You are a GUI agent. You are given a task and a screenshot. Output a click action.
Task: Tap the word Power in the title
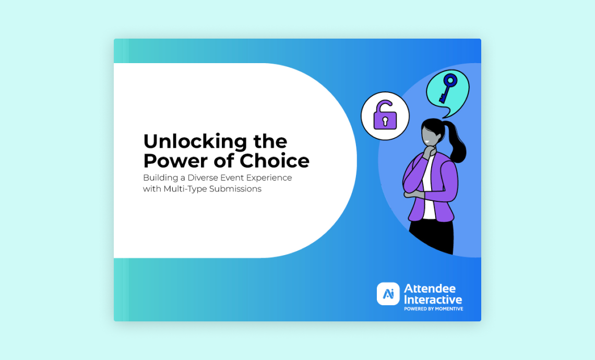176,161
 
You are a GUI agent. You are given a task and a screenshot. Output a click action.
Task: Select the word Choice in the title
275,161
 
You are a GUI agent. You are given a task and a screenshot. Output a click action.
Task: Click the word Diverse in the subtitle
203,177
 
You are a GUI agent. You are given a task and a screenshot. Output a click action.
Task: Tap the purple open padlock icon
385,116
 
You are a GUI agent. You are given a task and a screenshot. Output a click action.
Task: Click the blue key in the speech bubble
447,88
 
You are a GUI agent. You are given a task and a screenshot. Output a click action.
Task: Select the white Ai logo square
388,294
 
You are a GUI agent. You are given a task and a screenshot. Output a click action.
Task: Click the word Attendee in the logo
430,289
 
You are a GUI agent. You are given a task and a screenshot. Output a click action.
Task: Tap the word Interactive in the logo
433,299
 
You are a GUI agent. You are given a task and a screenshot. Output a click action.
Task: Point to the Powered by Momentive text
434,309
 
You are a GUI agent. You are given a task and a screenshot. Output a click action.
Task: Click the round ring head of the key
450,80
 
